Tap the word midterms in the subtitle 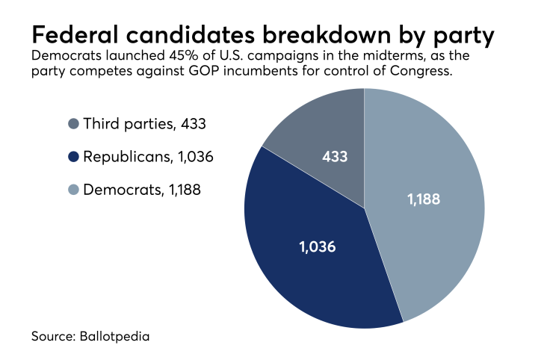409,58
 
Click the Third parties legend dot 72,124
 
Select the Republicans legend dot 72,157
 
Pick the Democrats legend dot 72,190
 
